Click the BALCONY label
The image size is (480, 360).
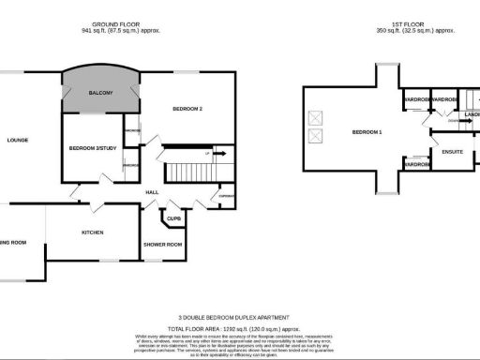tap(100, 93)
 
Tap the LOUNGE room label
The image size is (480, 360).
tap(17, 141)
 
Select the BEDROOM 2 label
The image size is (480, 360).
tap(187, 110)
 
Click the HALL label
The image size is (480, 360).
tap(151, 193)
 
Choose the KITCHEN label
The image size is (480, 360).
tap(92, 232)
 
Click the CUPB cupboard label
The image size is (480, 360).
tap(173, 219)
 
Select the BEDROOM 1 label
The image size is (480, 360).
tap(367, 132)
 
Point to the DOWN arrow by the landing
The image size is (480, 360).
tap(454, 121)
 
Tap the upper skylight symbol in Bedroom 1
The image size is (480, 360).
tap(316, 119)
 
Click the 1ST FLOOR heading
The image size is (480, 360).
tap(414, 22)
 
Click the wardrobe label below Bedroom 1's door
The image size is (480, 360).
tap(416, 165)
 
